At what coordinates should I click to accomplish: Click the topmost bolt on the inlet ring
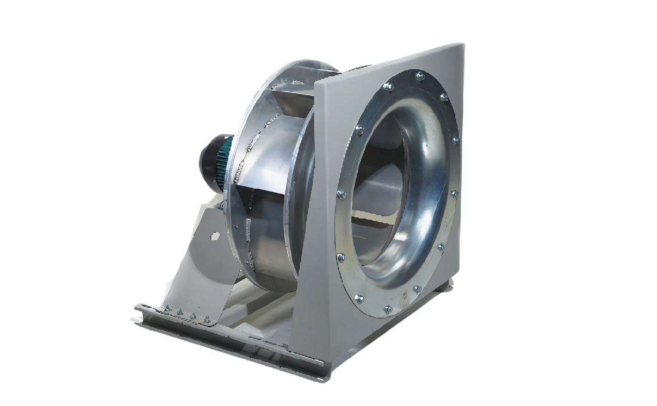(x=419, y=75)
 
